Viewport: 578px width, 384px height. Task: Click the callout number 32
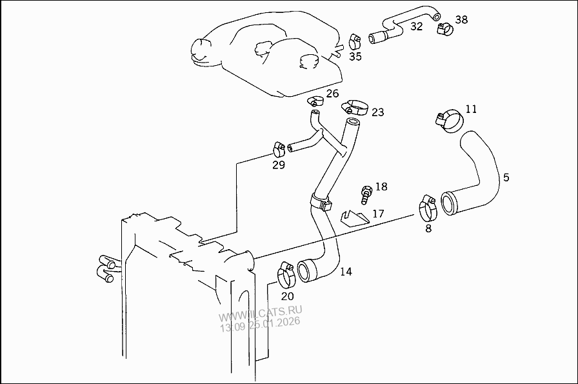point(417,26)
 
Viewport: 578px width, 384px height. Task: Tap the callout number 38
point(461,19)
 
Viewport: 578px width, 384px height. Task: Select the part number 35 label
point(355,56)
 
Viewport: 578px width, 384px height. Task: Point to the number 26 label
point(332,94)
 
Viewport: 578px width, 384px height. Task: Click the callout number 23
point(377,112)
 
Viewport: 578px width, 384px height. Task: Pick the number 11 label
point(471,109)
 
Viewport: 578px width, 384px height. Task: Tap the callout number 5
point(506,177)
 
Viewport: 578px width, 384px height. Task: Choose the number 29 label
point(278,165)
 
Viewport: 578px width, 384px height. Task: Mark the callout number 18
point(381,187)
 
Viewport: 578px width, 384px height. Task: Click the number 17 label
point(378,213)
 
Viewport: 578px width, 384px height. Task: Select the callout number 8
point(428,228)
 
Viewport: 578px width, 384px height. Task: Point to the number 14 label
point(346,272)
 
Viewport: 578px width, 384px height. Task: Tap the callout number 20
point(287,296)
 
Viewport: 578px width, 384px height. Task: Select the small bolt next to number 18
point(366,192)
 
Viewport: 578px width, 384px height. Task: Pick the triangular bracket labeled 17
point(353,218)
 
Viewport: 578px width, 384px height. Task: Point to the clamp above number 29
point(279,148)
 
